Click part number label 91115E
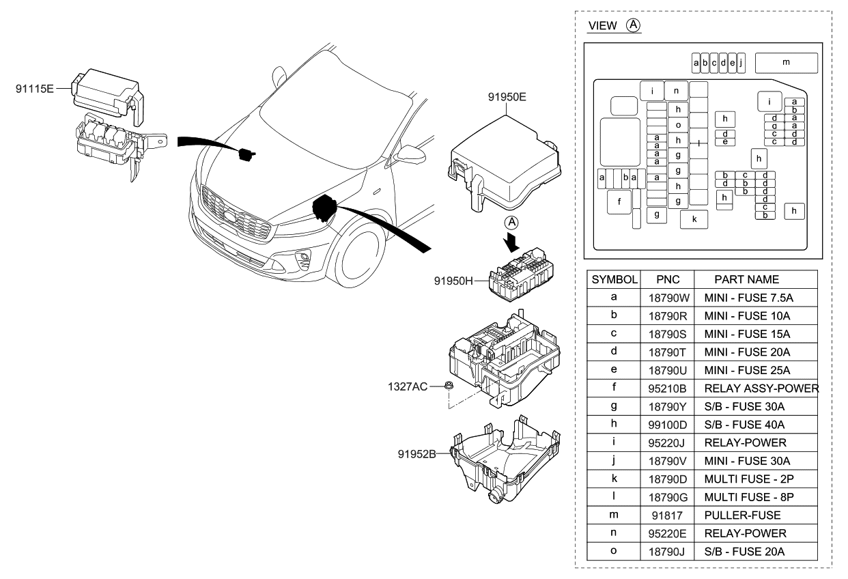click(x=35, y=88)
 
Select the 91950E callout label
click(x=507, y=97)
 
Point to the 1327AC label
click(x=408, y=386)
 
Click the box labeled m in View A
click(x=787, y=63)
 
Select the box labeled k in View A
click(x=694, y=220)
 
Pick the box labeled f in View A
click(x=619, y=201)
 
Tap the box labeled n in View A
click(x=676, y=90)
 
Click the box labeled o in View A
click(x=677, y=125)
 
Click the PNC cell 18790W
click(x=666, y=298)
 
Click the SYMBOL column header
click(x=614, y=280)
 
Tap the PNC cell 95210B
click(x=666, y=389)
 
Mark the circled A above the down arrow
click(x=512, y=223)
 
